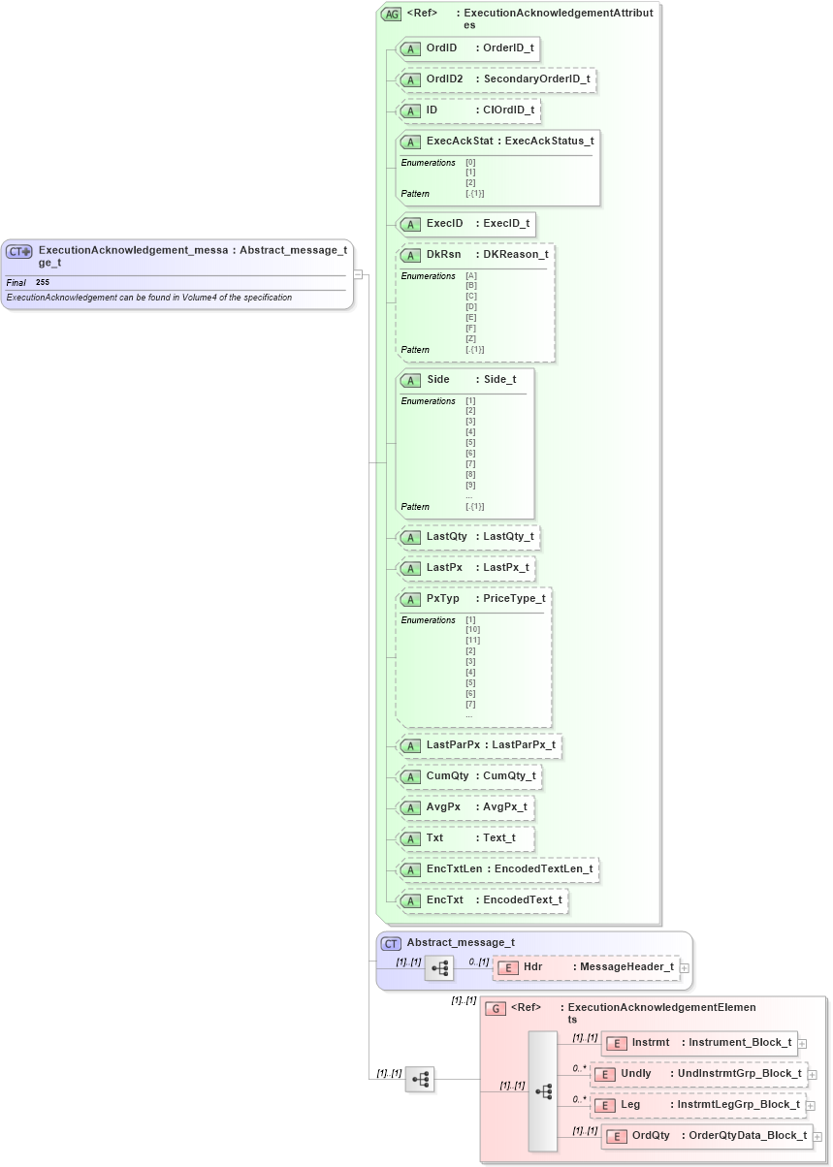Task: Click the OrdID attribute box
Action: pyautogui.click(x=467, y=48)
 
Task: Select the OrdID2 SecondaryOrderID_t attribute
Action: pyautogui.click(x=496, y=79)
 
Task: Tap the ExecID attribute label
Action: pyautogui.click(x=465, y=224)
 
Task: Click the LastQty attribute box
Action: pyautogui.click(x=467, y=537)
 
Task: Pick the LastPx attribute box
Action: pyautogui.click(x=465, y=567)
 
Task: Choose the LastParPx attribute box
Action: pyautogui.click(x=479, y=745)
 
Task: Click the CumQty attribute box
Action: pyautogui.click(x=468, y=776)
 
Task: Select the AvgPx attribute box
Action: pyautogui.click(x=465, y=807)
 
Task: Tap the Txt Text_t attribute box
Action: pyautogui.click(x=465, y=838)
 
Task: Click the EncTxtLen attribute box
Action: pyautogui.click(x=497, y=869)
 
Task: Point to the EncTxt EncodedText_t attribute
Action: pyautogui.click(x=482, y=900)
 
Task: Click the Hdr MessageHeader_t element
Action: pyautogui.click(x=587, y=967)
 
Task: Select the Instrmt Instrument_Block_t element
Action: pyautogui.click(x=699, y=1043)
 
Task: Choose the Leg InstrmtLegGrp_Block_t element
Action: pyautogui.click(x=698, y=1105)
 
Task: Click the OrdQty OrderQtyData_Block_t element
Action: pyautogui.click(x=706, y=1136)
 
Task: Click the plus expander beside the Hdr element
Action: pyautogui.click(x=685, y=967)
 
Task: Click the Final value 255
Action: pyautogui.click(x=43, y=282)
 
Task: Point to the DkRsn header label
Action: pyautogui.click(x=443, y=255)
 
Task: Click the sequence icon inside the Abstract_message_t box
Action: pyautogui.click(x=439, y=967)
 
